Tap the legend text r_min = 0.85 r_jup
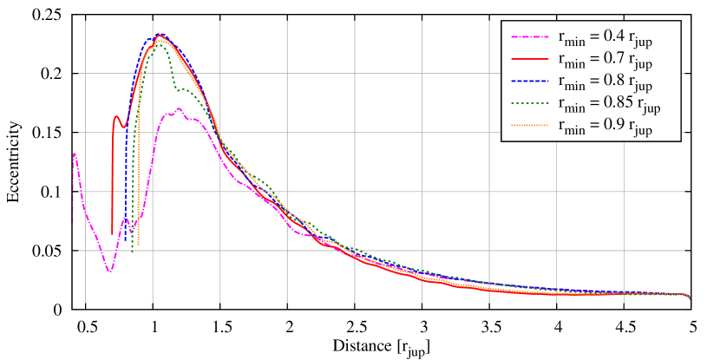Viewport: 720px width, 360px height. point(609,106)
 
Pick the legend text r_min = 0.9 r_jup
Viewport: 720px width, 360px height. point(605,128)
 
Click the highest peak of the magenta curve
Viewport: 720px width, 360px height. point(178,108)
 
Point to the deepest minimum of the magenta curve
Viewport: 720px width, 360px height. point(109,272)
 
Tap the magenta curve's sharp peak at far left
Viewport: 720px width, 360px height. point(75,154)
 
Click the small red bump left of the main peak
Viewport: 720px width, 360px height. point(117,116)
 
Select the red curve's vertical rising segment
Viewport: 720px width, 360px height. point(112,173)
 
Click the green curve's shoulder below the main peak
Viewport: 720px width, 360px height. point(184,88)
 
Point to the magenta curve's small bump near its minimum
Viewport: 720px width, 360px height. point(125,218)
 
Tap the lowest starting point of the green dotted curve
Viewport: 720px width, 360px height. point(132,250)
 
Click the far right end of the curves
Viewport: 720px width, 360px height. point(689,298)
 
